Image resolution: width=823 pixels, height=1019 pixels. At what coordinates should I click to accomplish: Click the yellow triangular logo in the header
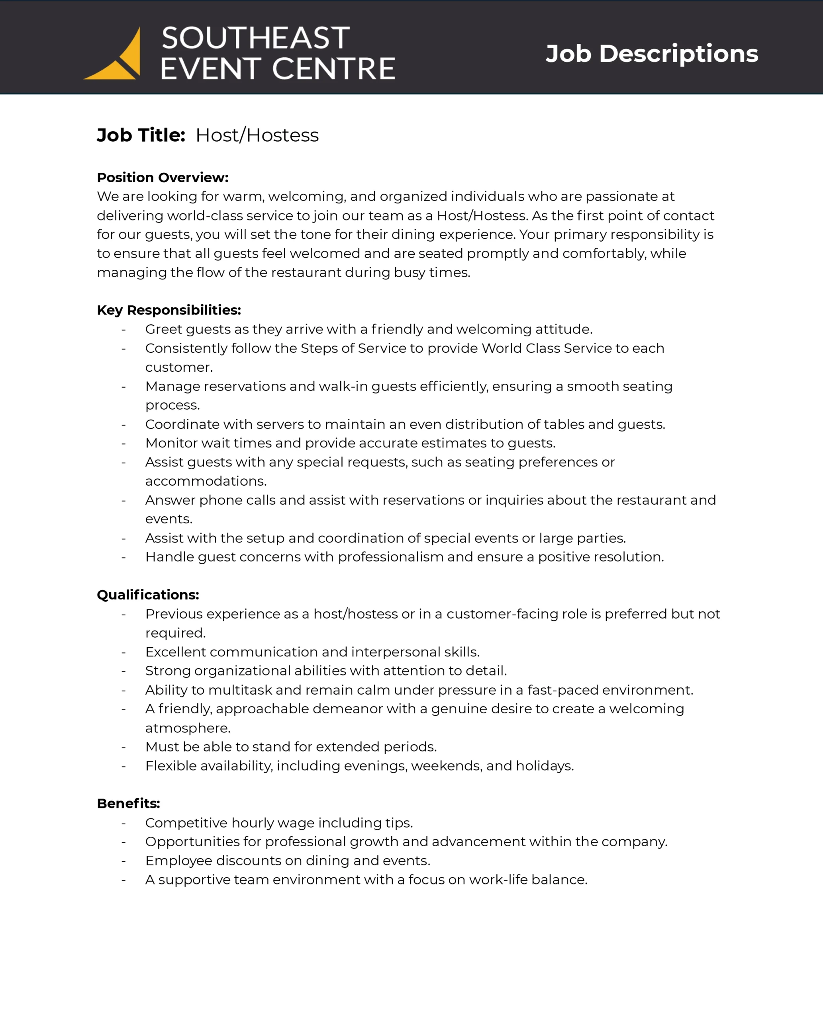coord(119,59)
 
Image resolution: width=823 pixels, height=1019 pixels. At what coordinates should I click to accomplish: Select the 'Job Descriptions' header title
coord(651,53)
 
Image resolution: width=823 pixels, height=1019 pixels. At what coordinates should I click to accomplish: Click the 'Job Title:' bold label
coord(141,135)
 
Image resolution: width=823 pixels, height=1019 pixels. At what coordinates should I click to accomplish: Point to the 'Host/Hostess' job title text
coord(257,135)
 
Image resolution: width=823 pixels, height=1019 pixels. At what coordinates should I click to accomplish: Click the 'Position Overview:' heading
coord(163,178)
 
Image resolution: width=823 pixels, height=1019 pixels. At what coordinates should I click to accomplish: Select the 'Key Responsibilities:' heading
coord(169,310)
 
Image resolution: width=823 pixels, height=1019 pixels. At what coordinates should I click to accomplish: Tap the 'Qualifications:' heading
coord(148,595)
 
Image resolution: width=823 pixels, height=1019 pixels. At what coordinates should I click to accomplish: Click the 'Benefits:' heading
coord(129,803)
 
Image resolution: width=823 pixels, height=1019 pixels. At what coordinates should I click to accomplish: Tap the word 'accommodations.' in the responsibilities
coord(206,481)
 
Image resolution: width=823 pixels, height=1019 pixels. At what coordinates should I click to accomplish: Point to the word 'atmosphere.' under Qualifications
coord(188,728)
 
